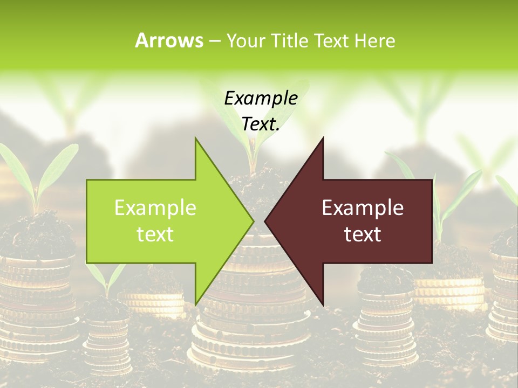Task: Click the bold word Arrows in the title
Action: click(x=169, y=40)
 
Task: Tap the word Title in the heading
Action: click(x=287, y=40)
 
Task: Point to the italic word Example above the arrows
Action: click(x=261, y=98)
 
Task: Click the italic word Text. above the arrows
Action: click(x=261, y=124)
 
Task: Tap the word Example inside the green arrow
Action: click(x=155, y=207)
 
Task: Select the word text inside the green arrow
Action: click(x=155, y=234)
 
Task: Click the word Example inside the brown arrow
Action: click(x=363, y=207)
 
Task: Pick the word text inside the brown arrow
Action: click(x=363, y=234)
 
